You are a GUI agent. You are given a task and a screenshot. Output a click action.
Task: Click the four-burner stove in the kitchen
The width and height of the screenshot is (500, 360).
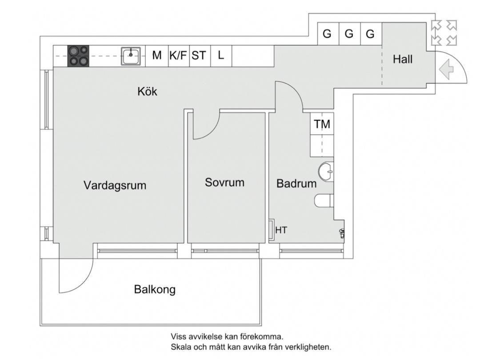pos(78,56)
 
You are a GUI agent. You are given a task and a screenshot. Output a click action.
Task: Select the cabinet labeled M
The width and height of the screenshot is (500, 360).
pos(156,56)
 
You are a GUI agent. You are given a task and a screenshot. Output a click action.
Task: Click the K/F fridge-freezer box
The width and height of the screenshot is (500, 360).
pos(178,56)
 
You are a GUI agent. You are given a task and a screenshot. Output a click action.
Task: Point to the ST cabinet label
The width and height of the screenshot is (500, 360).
pos(199,56)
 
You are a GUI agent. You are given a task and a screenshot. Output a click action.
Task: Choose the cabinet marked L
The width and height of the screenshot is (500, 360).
pos(221,56)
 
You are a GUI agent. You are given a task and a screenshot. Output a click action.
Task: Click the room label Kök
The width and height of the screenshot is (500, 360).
pos(147,92)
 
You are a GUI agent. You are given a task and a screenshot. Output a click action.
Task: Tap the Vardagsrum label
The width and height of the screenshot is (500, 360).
pos(115,185)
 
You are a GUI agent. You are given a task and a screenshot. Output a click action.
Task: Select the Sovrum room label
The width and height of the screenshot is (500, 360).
pos(224,182)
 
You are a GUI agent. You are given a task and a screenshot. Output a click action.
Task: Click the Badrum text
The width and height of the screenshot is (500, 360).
pos(296,183)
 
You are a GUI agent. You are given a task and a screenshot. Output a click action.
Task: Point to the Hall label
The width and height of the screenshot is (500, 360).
pos(403,59)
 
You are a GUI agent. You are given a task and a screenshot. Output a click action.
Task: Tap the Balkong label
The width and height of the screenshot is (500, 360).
pos(155,290)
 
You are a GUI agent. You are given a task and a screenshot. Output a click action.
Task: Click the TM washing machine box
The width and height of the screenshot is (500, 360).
pos(322,124)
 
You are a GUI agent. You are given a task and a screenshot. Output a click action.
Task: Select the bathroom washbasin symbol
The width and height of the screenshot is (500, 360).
pos(326,171)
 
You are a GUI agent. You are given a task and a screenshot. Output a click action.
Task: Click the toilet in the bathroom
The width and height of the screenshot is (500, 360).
pos(324,201)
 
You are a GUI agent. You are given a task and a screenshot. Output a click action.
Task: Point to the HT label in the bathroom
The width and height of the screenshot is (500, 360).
pos(281,230)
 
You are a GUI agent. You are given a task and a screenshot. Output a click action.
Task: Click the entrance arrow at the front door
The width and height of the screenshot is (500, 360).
pos(446,70)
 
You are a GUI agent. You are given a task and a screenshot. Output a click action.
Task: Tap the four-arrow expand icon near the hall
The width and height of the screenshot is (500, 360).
pos(444,33)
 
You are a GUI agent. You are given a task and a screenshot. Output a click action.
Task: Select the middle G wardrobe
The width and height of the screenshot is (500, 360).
pos(349,34)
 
